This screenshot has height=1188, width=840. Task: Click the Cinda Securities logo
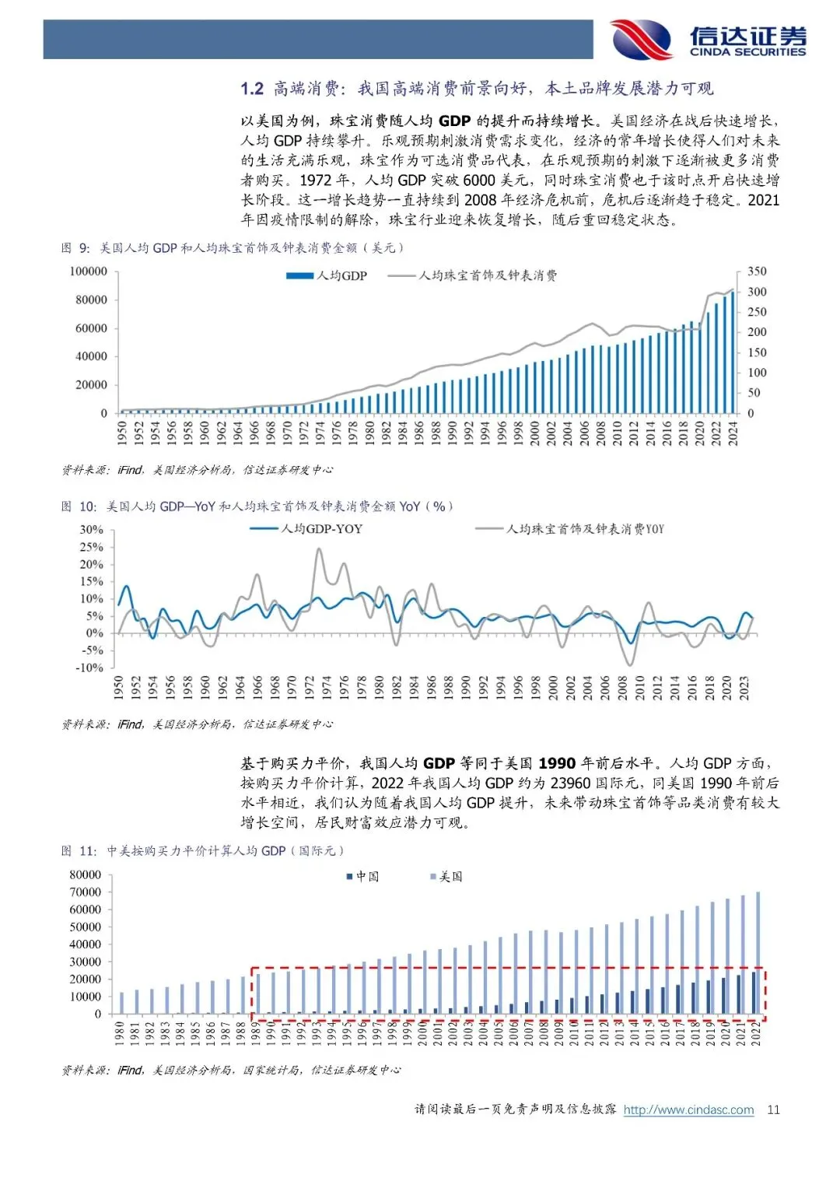tap(708, 40)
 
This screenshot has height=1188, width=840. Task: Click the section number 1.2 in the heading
tap(252, 89)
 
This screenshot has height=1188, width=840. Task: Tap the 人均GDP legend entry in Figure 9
tap(327, 275)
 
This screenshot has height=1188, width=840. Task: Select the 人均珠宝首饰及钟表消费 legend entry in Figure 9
tap(473, 275)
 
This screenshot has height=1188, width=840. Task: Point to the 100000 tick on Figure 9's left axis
tap(89, 272)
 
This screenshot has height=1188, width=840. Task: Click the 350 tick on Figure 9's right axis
tap(757, 272)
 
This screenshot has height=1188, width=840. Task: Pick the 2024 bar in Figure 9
tap(732, 352)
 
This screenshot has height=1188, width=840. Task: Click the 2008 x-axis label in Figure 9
tap(600, 433)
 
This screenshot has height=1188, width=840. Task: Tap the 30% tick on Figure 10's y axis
tap(91, 530)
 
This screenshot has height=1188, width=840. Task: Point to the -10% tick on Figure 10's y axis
tap(89, 668)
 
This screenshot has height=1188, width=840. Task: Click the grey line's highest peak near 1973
tap(319, 549)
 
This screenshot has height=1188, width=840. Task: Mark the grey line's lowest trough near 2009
tap(629, 664)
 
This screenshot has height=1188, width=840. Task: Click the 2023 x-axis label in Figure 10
tap(744, 688)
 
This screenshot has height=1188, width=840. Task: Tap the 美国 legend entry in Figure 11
tap(446, 877)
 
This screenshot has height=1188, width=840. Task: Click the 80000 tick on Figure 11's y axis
tap(86, 874)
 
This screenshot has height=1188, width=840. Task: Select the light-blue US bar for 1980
tap(121, 1003)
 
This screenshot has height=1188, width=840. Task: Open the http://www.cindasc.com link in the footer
tap(688, 1109)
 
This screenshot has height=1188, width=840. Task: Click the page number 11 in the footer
tap(773, 1109)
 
